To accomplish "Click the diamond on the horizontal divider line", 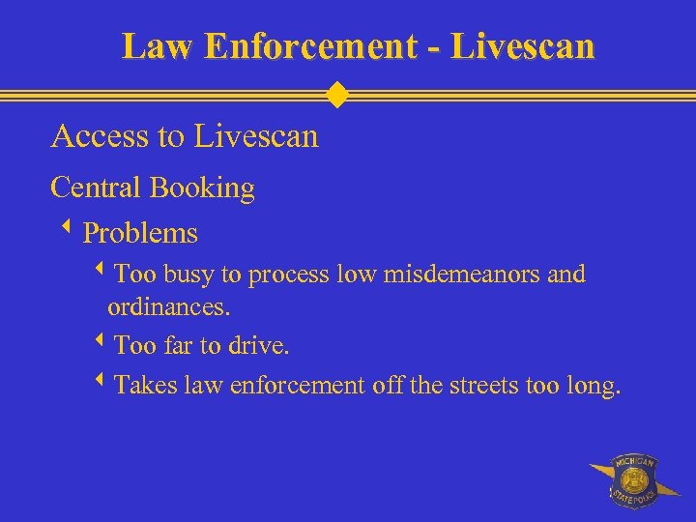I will pos(336,95).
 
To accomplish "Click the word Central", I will pos(96,187).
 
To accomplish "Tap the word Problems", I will pos(140,234).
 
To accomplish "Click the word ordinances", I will pos(169,309).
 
